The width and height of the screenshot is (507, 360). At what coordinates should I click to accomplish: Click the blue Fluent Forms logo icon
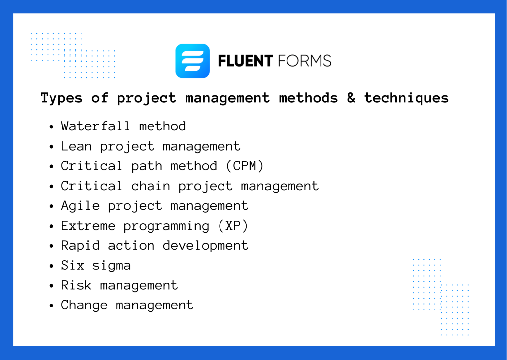pyautogui.click(x=192, y=61)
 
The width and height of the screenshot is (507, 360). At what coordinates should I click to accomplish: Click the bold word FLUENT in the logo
pyautogui.click(x=245, y=61)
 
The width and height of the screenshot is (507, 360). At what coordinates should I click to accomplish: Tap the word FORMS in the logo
pyautogui.click(x=304, y=61)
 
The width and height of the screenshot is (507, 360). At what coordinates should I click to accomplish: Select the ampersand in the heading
pyautogui.click(x=351, y=98)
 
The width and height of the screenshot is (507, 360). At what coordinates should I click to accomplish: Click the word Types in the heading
pyautogui.click(x=61, y=98)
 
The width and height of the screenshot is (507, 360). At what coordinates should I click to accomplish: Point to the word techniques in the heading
pyautogui.click(x=406, y=98)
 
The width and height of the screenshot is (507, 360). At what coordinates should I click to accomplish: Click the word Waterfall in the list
pyautogui.click(x=95, y=126)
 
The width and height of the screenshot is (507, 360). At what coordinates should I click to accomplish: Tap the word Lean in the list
pyautogui.click(x=76, y=146)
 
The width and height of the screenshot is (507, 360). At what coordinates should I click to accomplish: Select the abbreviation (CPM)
pyautogui.click(x=245, y=166)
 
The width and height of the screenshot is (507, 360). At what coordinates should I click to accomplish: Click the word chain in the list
pyautogui.click(x=151, y=186)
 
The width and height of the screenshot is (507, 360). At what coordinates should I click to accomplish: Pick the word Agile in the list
pyautogui.click(x=80, y=206)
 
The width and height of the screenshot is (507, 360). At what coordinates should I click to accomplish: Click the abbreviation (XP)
pyautogui.click(x=233, y=226)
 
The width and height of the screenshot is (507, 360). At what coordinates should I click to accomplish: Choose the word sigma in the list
pyautogui.click(x=112, y=266)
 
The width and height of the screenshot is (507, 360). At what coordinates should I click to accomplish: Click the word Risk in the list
pyautogui.click(x=76, y=285)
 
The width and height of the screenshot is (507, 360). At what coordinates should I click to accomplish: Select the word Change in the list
pyautogui.click(x=84, y=305)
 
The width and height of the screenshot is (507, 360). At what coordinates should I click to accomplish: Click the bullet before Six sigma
pyautogui.click(x=51, y=266)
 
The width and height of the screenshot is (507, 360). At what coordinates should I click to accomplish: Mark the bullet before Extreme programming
pyautogui.click(x=51, y=226)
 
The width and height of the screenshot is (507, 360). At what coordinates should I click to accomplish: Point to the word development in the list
pyautogui.click(x=205, y=246)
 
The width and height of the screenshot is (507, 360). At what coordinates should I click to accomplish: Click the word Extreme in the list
pyautogui.click(x=88, y=226)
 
